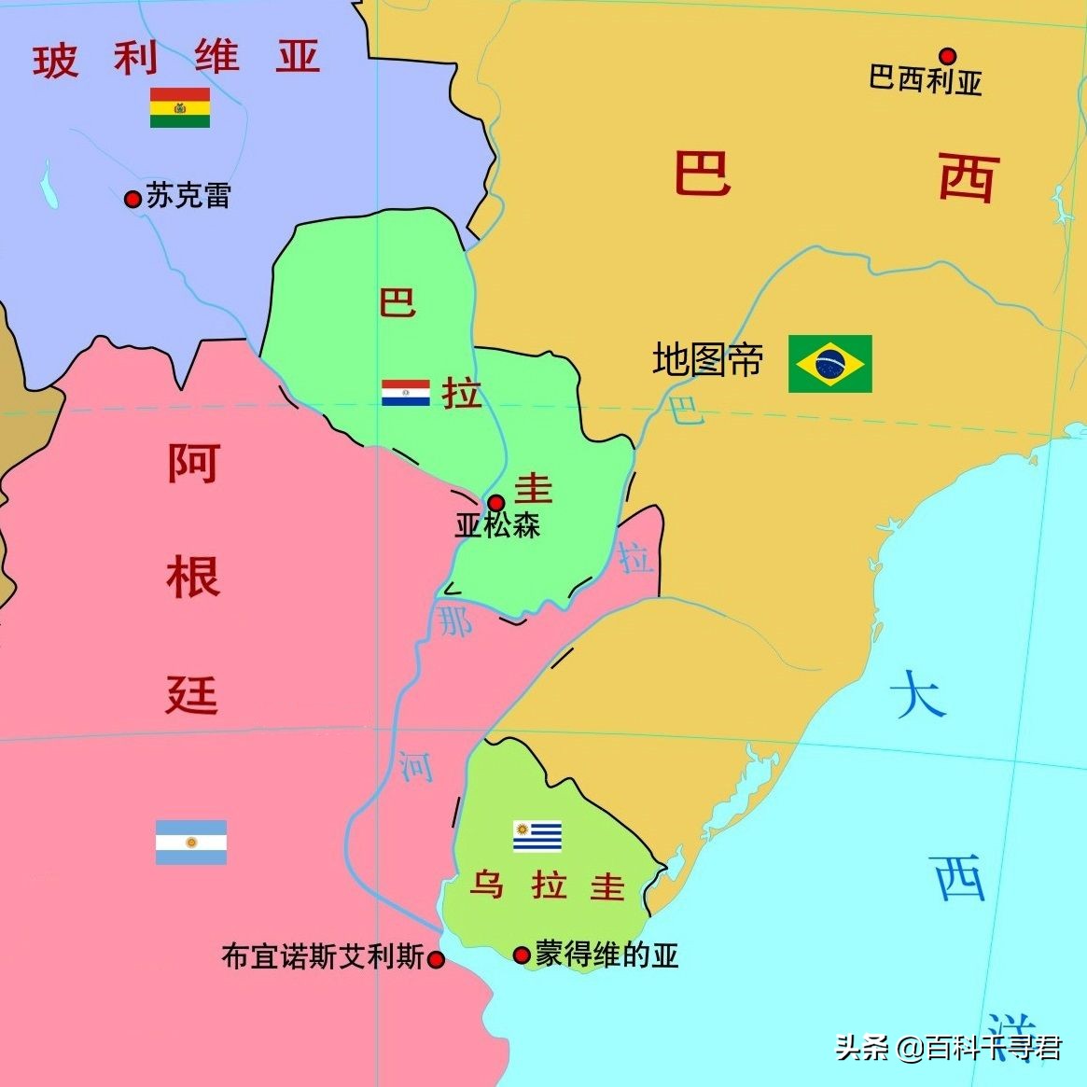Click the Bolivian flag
point(180,107)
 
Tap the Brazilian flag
point(829,363)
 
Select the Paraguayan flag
point(406,393)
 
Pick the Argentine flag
point(191,842)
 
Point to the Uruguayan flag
point(537,836)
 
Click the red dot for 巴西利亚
point(948,55)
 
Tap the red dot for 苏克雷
point(132,198)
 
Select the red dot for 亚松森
point(496,502)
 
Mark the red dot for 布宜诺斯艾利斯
point(435,958)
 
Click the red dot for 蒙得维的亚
point(522,955)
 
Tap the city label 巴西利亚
point(925,80)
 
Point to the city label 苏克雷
point(188,196)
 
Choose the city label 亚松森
point(497,525)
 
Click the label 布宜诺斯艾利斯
point(323,957)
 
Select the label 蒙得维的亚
point(606,955)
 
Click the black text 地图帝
point(708,360)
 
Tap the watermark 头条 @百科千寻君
point(948,1048)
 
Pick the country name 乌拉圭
point(547,885)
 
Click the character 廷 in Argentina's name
point(192,694)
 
